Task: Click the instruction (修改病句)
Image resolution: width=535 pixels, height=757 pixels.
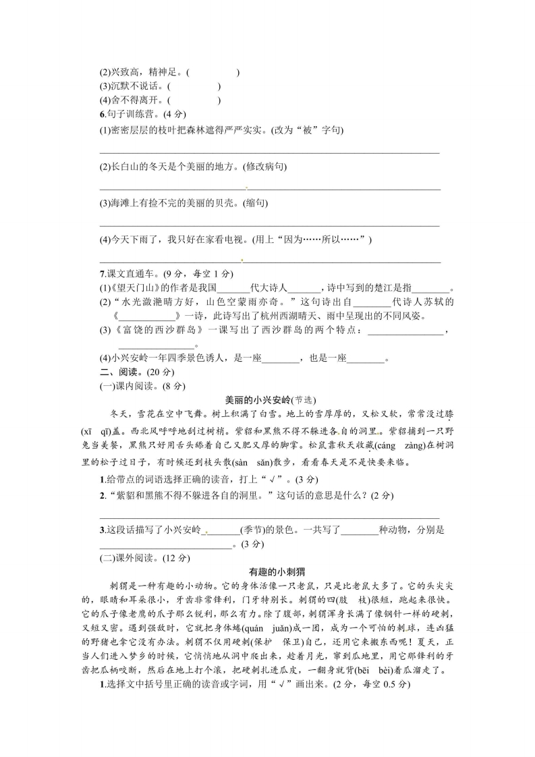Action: click(x=264, y=167)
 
